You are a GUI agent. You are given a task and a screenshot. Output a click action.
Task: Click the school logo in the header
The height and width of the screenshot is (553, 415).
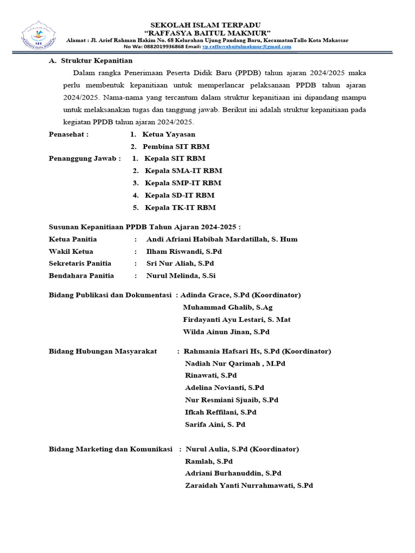(37, 36)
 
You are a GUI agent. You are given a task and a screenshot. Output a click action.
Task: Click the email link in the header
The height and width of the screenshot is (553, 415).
(246, 47)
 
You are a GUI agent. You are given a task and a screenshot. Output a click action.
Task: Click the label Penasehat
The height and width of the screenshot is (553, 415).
(68, 134)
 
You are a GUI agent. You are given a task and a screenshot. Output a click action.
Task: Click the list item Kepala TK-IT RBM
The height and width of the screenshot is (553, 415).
(180, 207)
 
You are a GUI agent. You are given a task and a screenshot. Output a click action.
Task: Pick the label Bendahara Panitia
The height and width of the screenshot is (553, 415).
(81, 276)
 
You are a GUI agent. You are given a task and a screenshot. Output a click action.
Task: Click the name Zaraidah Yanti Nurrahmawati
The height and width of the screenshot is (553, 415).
(249, 486)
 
